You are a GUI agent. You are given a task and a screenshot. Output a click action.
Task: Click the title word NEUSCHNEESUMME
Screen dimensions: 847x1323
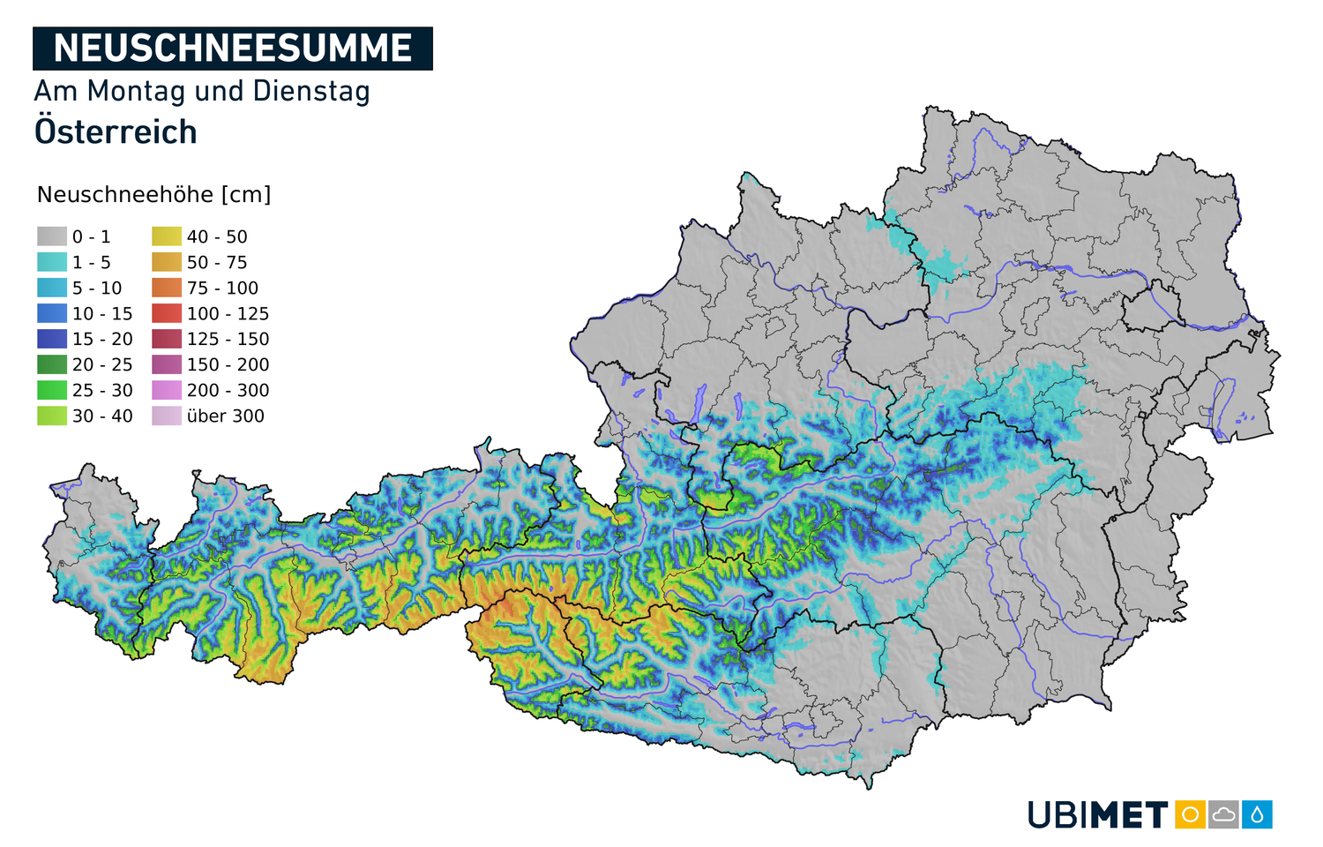232,49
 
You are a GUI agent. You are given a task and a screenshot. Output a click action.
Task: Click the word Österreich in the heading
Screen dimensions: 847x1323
116,132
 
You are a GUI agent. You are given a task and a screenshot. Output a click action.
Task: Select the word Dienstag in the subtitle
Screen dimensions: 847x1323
311,91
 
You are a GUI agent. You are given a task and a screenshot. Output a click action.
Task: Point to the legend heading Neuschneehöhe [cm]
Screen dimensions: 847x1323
153,194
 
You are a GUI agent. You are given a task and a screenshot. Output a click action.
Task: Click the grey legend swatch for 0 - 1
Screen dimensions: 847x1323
52,236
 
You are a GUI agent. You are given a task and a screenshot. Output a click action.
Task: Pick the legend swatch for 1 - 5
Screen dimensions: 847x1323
52,262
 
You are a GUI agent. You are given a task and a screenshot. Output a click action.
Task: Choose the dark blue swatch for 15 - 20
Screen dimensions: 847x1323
52,339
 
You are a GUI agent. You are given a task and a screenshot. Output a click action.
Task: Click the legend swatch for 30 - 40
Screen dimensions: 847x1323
52,416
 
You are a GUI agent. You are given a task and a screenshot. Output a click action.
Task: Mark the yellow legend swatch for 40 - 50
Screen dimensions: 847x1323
167,236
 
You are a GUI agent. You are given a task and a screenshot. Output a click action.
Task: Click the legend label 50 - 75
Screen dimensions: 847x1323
217,262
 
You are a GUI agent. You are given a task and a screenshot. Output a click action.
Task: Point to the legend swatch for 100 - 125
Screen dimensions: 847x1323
167,313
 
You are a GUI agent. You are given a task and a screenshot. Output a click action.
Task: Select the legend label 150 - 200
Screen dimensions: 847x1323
228,364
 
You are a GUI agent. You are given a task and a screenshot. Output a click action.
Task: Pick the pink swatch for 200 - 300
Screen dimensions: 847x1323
167,390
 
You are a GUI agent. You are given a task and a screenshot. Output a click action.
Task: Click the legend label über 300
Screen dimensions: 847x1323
225,416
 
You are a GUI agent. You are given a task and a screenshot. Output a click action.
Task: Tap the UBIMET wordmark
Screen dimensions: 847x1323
1098,814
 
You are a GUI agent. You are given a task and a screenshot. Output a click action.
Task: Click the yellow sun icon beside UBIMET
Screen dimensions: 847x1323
1190,814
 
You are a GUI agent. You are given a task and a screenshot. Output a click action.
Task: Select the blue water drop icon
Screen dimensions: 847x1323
1257,814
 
